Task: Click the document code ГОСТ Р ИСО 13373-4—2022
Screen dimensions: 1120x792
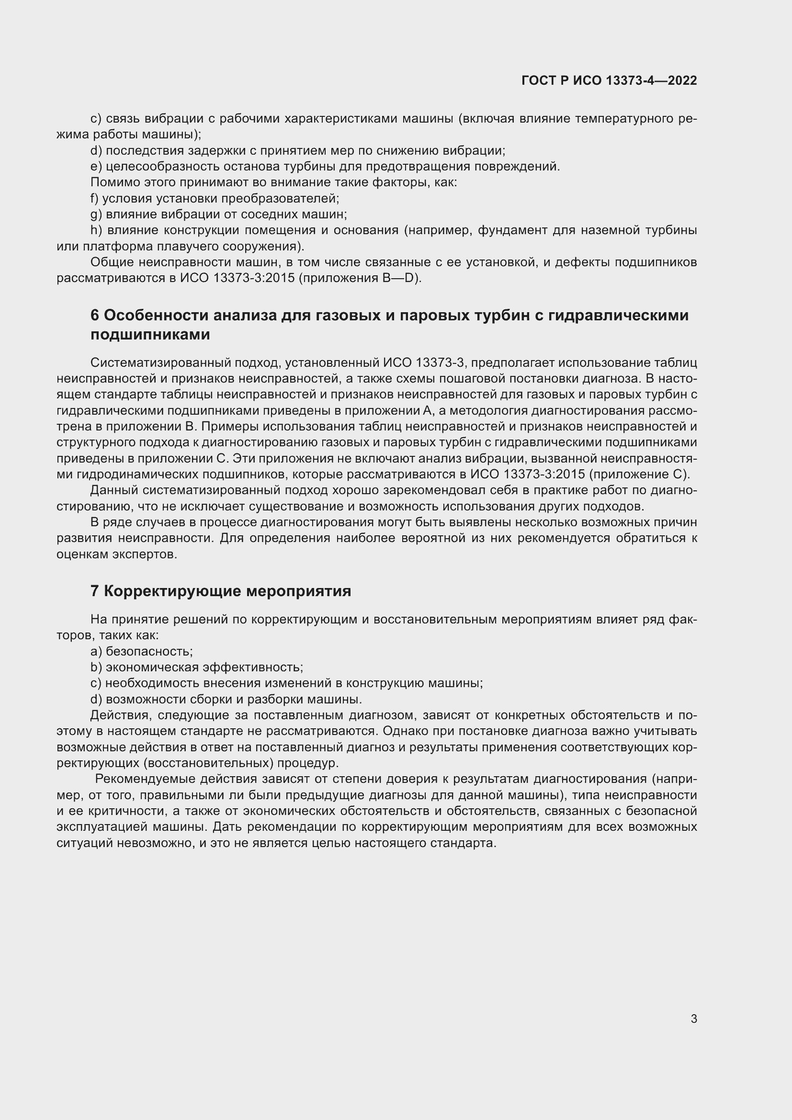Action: tap(609, 80)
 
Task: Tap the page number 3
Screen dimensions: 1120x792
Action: tap(693, 1019)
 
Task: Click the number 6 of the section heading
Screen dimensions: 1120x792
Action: tap(95, 316)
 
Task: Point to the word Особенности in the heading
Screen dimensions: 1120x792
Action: tap(157, 316)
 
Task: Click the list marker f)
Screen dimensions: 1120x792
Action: tap(95, 199)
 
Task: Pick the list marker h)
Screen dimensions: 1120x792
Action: tap(96, 230)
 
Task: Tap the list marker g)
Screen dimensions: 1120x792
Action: tap(96, 215)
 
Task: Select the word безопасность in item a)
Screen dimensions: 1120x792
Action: tap(149, 652)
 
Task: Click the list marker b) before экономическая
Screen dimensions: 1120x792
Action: tap(96, 667)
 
